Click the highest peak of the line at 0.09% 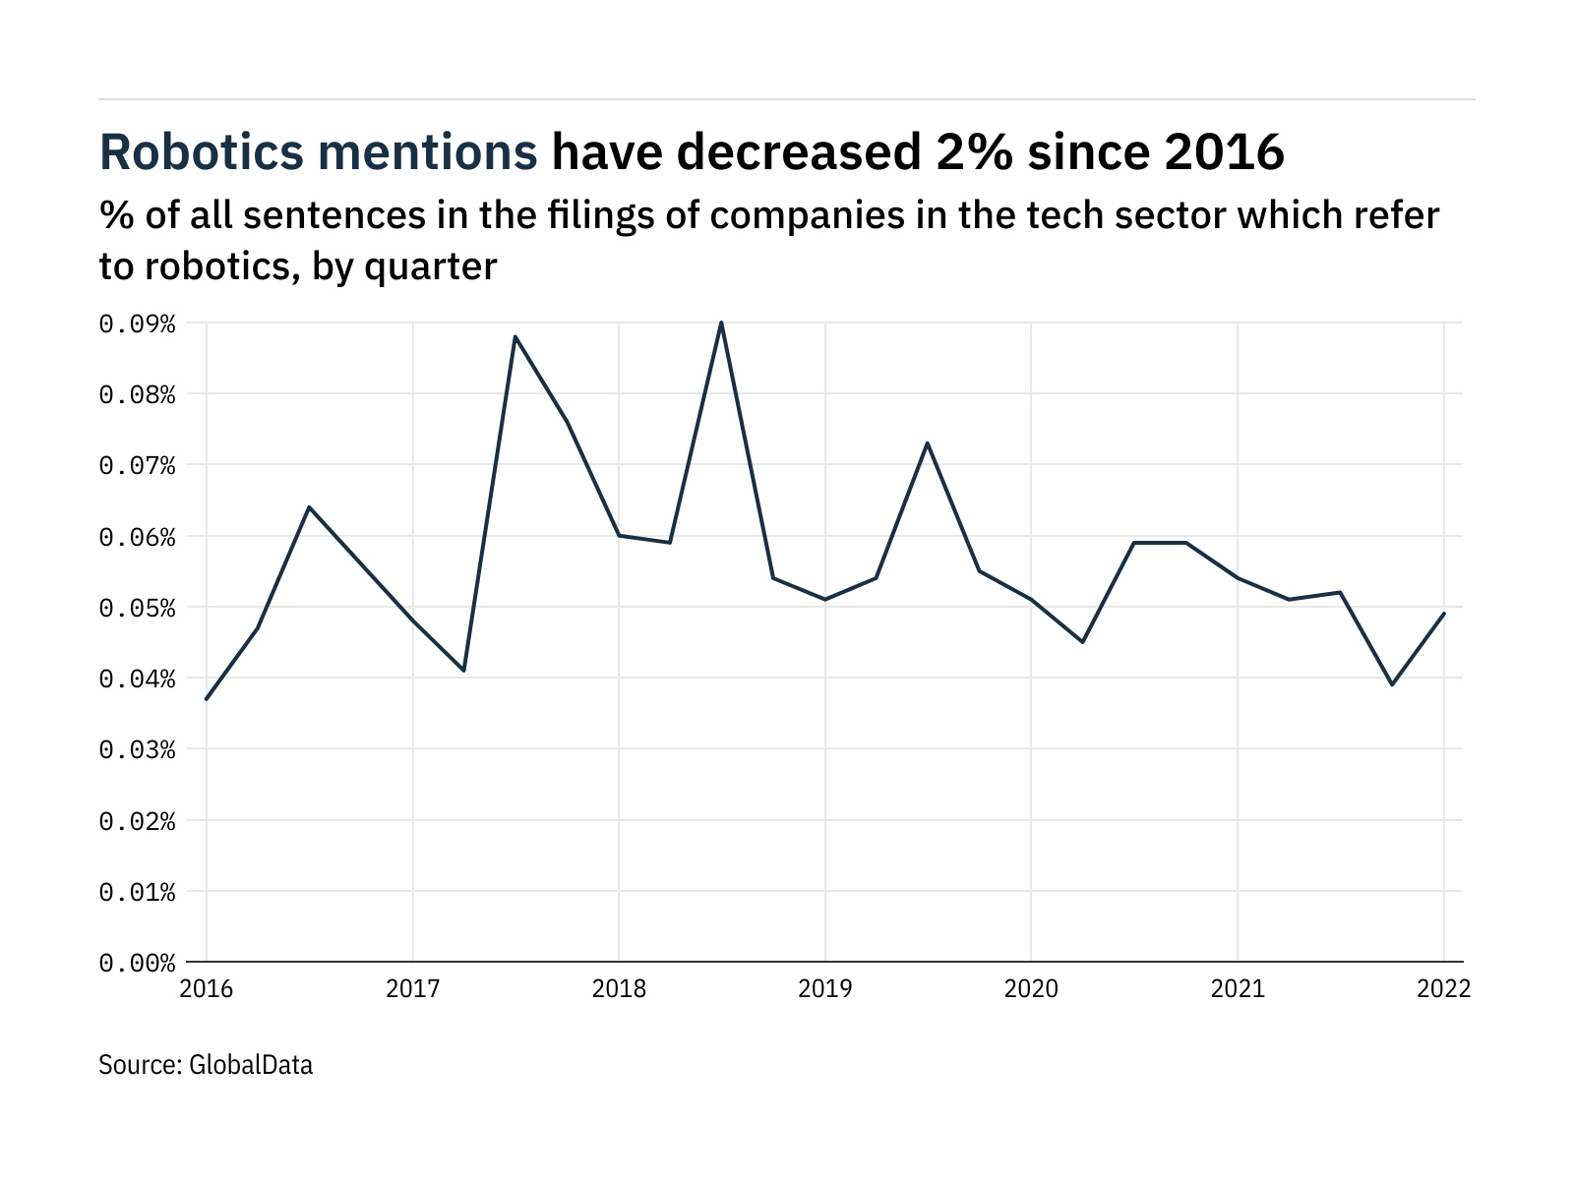pyautogui.click(x=721, y=323)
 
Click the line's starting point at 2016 pyautogui.click(x=207, y=699)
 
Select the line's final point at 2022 pyautogui.click(x=1443, y=614)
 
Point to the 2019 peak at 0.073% pyautogui.click(x=927, y=443)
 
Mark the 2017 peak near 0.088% pyautogui.click(x=515, y=337)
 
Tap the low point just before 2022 pyautogui.click(x=1392, y=684)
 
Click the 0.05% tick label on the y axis pyautogui.click(x=137, y=608)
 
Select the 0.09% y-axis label pyautogui.click(x=137, y=324)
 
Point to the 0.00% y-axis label pyautogui.click(x=137, y=963)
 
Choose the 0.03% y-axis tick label pyautogui.click(x=137, y=750)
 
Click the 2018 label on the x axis pyautogui.click(x=619, y=989)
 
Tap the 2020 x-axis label pyautogui.click(x=1031, y=989)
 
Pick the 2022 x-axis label pyautogui.click(x=1443, y=989)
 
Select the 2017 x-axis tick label pyautogui.click(x=413, y=989)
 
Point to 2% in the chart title pyautogui.click(x=968, y=152)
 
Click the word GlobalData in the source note pyautogui.click(x=250, y=1065)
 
